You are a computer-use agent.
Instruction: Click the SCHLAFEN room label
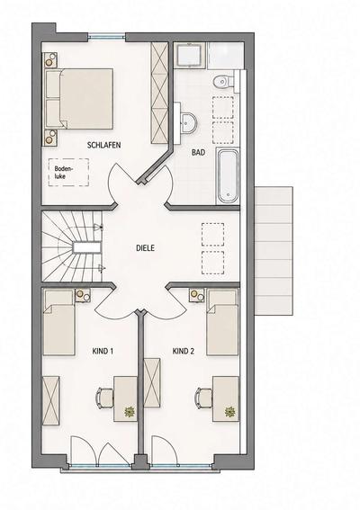[x=103, y=145]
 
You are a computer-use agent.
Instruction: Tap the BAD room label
[x=198, y=152]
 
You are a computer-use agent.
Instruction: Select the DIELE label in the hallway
[x=145, y=248]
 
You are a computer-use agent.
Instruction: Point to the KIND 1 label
[x=103, y=352]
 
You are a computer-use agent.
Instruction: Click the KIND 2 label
[x=184, y=352]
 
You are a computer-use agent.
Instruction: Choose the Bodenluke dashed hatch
[x=68, y=173]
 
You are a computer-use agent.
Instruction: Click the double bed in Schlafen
[x=79, y=99]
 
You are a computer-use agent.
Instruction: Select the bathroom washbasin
[x=188, y=123]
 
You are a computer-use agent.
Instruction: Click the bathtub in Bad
[x=228, y=175]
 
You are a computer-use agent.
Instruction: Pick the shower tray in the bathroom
[x=189, y=55]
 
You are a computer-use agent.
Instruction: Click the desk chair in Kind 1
[x=104, y=398]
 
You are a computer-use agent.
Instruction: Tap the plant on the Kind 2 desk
[x=229, y=412]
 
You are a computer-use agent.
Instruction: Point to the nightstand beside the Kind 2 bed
[x=196, y=295]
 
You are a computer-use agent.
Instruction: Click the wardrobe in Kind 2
[x=152, y=383]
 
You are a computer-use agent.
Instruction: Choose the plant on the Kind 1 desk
[x=130, y=413]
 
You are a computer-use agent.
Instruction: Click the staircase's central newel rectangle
[x=86, y=248]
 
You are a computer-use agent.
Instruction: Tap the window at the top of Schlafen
[x=107, y=37]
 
